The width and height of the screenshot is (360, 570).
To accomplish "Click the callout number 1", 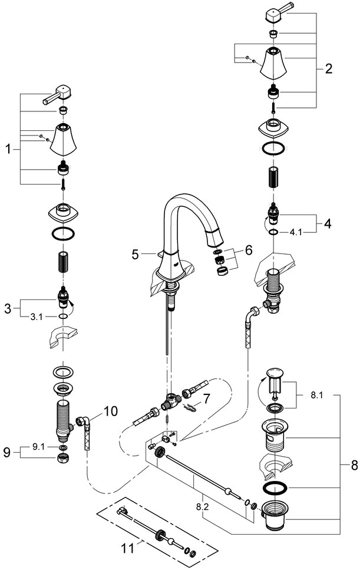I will [x=8, y=150].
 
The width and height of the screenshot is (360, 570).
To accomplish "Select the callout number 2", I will [x=328, y=68].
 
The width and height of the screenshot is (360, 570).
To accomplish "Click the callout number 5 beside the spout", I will [x=135, y=255].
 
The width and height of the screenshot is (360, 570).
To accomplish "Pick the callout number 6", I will [x=248, y=250].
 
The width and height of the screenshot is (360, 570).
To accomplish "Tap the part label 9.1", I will [x=38, y=447].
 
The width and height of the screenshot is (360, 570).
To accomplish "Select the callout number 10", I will [x=111, y=410].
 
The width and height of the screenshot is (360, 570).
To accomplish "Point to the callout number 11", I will [x=128, y=549].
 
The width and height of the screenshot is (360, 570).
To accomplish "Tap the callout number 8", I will [x=354, y=466].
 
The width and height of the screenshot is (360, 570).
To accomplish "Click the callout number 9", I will [x=6, y=453].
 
